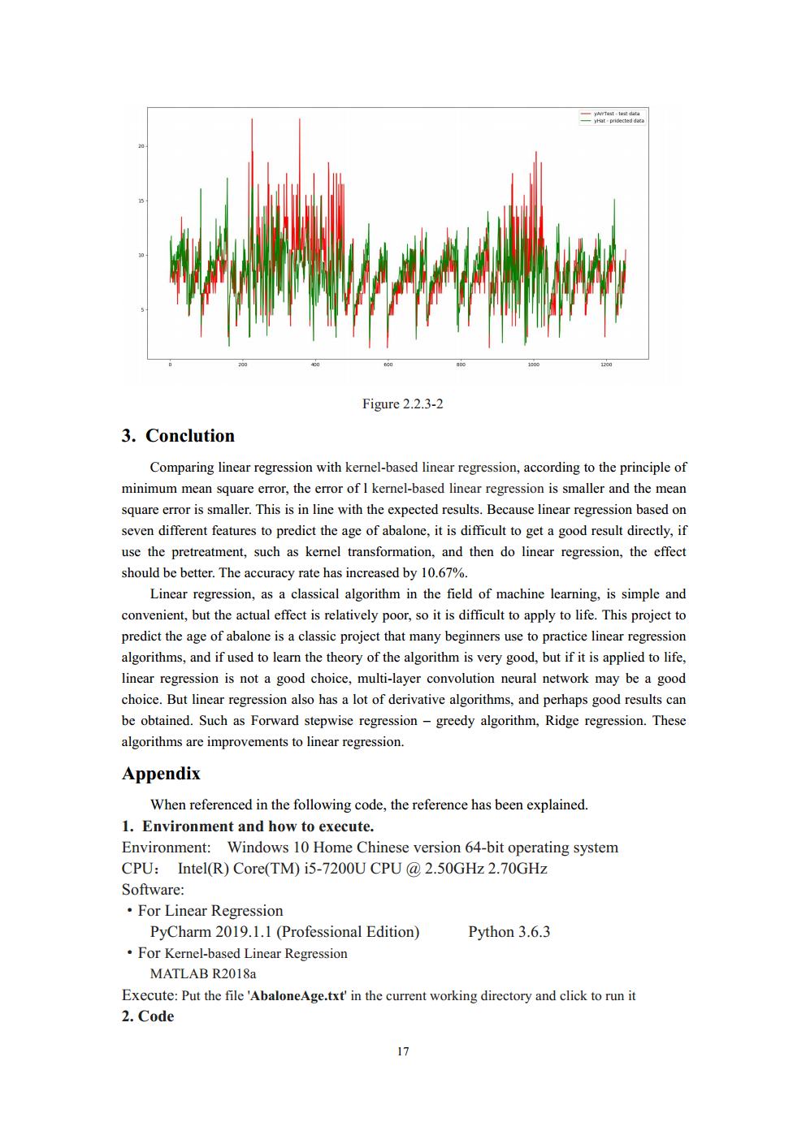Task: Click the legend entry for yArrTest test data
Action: click(x=616, y=114)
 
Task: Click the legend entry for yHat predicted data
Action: click(x=617, y=120)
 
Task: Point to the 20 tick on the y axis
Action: click(x=141, y=146)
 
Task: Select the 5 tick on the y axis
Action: click(x=142, y=309)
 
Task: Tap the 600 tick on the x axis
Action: click(x=388, y=365)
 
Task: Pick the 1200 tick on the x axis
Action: click(x=606, y=365)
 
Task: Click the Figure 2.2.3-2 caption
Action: click(x=403, y=404)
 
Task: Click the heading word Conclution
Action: click(x=189, y=436)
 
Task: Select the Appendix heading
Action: click(x=161, y=774)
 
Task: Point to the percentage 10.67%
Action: click(x=444, y=573)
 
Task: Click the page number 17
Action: click(x=403, y=1052)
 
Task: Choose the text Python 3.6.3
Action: click(x=509, y=932)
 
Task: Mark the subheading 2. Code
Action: click(x=148, y=1016)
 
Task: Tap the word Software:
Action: click(x=153, y=890)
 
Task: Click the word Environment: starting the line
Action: click(x=166, y=848)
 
